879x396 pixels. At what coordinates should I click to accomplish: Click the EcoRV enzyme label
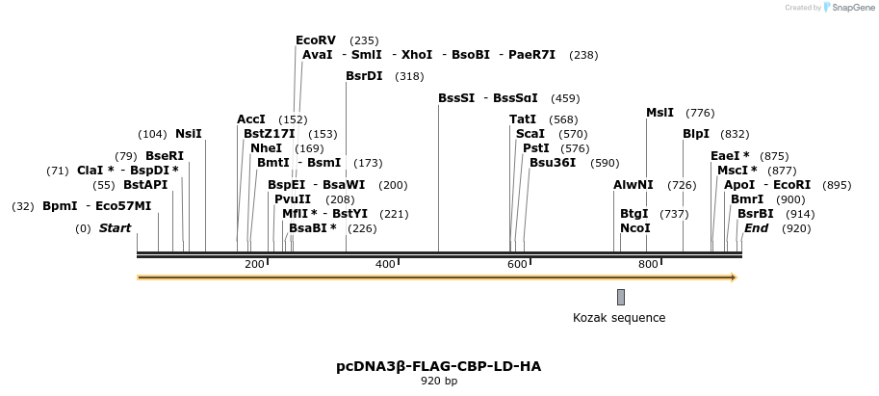point(316,40)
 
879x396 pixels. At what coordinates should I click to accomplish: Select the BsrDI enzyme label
point(364,76)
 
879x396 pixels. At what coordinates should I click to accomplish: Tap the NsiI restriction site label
point(189,134)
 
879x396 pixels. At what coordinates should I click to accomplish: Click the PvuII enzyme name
point(293,199)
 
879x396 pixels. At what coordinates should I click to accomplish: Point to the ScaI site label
point(530,134)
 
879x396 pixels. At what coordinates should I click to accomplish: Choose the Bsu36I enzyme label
point(553,163)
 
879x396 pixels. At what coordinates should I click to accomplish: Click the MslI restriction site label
point(659,113)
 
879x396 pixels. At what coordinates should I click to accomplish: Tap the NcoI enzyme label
point(635,228)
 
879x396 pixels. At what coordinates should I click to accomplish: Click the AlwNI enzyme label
point(633,185)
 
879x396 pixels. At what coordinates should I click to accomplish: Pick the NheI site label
point(267,148)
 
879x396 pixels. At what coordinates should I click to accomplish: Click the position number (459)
point(565,98)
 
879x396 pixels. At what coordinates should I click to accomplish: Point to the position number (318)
point(409,76)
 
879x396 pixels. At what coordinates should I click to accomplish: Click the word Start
point(115,228)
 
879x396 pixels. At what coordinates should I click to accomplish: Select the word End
point(757,228)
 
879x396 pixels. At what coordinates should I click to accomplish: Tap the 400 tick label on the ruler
point(385,264)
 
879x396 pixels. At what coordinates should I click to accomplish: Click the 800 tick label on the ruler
point(648,264)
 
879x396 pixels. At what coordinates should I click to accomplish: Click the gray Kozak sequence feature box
point(621,297)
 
